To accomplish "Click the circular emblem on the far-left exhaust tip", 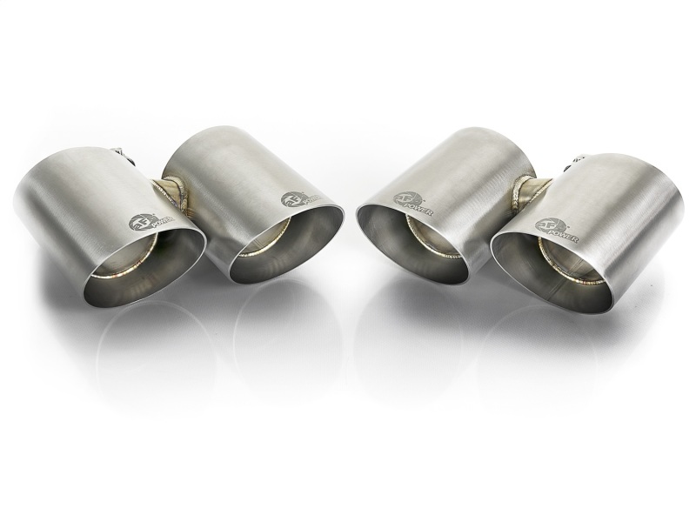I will [x=138, y=222].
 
